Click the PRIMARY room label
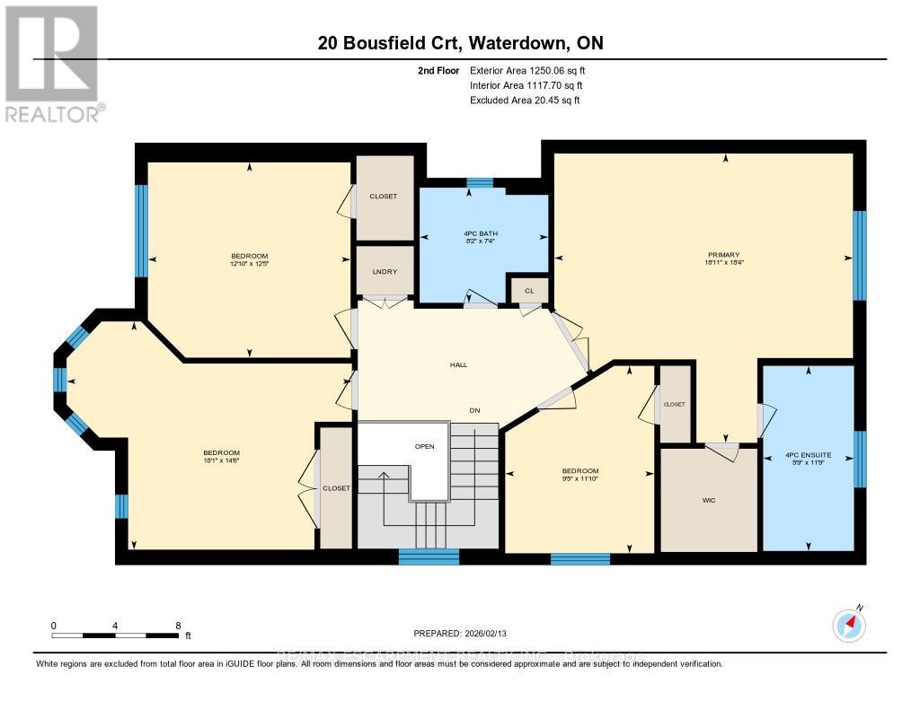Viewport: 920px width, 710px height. click(723, 255)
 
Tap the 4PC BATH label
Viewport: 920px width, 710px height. click(480, 234)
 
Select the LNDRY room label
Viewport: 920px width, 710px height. click(385, 272)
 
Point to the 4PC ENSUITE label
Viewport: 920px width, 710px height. click(809, 455)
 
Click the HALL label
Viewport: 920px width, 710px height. click(459, 364)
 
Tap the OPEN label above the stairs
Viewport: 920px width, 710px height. click(425, 446)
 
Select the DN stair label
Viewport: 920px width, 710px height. click(475, 410)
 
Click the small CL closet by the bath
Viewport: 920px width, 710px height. click(529, 291)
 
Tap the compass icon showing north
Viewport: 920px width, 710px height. click(848, 624)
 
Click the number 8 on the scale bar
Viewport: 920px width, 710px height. click(178, 626)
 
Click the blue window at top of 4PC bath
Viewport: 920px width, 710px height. click(480, 183)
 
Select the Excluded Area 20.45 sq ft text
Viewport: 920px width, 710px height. click(525, 101)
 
